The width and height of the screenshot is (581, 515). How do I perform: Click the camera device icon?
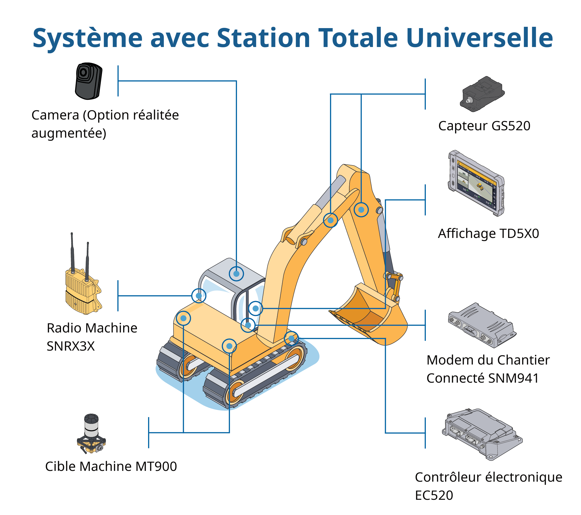pyautogui.click(x=88, y=81)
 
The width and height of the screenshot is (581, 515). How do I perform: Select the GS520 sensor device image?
pyautogui.click(x=482, y=94)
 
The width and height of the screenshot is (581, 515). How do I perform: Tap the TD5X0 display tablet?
pyautogui.click(x=476, y=183)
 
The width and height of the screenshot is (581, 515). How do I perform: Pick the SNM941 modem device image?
pyautogui.click(x=482, y=325)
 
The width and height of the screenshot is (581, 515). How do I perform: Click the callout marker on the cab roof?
pyautogui.click(x=236, y=274)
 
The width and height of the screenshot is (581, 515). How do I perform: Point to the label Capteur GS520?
pyautogui.click(x=484, y=126)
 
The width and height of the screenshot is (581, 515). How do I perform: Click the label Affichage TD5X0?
pyautogui.click(x=488, y=233)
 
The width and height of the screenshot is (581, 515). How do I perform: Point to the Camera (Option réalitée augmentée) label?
pyautogui.click(x=105, y=124)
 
